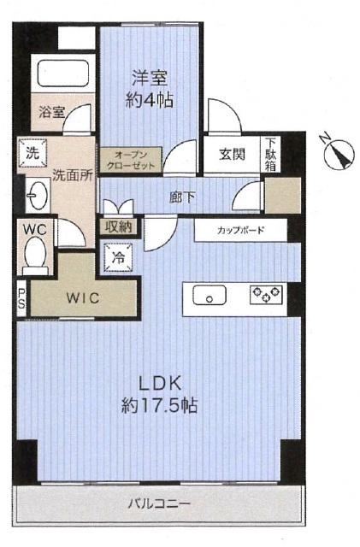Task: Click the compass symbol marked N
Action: pos(337,152)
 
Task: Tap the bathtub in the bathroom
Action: pos(63,73)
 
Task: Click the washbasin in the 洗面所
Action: pos(36,195)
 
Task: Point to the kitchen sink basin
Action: pos(210,295)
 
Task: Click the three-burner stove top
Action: pos(267,294)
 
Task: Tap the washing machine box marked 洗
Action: pos(32,152)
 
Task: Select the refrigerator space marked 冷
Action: pos(118,257)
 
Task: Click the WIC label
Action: pos(83,298)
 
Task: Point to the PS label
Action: pos(21,297)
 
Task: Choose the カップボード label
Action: pos(240,231)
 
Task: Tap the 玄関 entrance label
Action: pos(232,154)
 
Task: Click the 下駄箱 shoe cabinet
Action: pos(270,154)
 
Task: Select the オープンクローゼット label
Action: pos(131,160)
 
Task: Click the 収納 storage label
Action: pos(119,227)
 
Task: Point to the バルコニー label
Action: pos(159,503)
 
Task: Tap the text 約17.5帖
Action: pos(159,406)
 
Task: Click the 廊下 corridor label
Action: pos(182,197)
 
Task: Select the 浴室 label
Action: pos(51,112)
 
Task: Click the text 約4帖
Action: pos(150,101)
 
